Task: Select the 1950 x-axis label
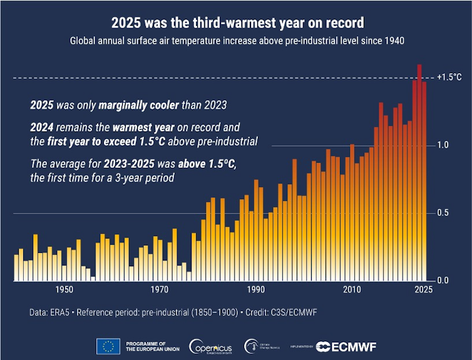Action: (x=63, y=289)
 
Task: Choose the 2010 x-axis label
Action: (x=352, y=289)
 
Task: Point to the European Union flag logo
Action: (x=108, y=346)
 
